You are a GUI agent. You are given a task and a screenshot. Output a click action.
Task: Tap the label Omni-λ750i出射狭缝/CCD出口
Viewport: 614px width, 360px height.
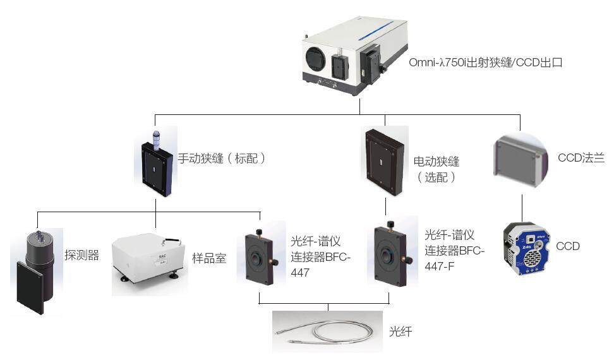tap(485, 63)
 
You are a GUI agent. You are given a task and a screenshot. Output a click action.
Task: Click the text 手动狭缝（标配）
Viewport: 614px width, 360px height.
tap(221, 159)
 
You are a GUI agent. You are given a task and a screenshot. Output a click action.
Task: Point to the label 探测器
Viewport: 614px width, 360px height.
tap(81, 256)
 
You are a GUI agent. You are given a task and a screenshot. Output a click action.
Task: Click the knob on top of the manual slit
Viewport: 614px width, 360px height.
tap(155, 137)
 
